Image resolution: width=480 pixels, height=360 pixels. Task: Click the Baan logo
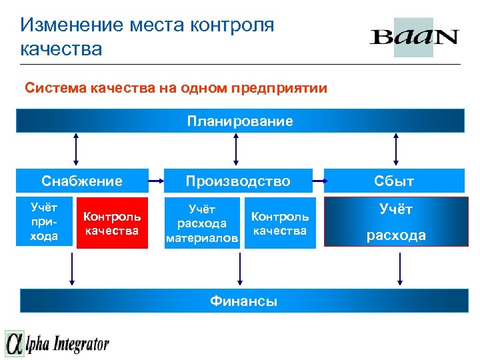coord(414,37)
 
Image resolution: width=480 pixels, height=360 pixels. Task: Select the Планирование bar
coord(240,121)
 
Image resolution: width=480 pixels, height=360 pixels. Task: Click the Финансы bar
coord(243,301)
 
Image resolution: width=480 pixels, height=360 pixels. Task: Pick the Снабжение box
coord(81,181)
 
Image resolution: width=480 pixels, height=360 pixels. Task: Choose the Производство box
coord(238,181)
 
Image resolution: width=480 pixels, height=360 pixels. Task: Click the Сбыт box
coord(394,181)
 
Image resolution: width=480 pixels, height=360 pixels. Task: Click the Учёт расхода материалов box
coord(202,223)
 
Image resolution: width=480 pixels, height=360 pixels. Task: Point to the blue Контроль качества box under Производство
coord(280,223)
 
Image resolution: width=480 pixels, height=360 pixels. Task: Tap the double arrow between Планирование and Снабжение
coord(76,148)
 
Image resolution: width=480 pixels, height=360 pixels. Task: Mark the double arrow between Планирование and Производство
coord(235,148)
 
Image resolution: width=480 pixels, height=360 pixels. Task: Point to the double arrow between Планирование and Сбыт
coord(398,148)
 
